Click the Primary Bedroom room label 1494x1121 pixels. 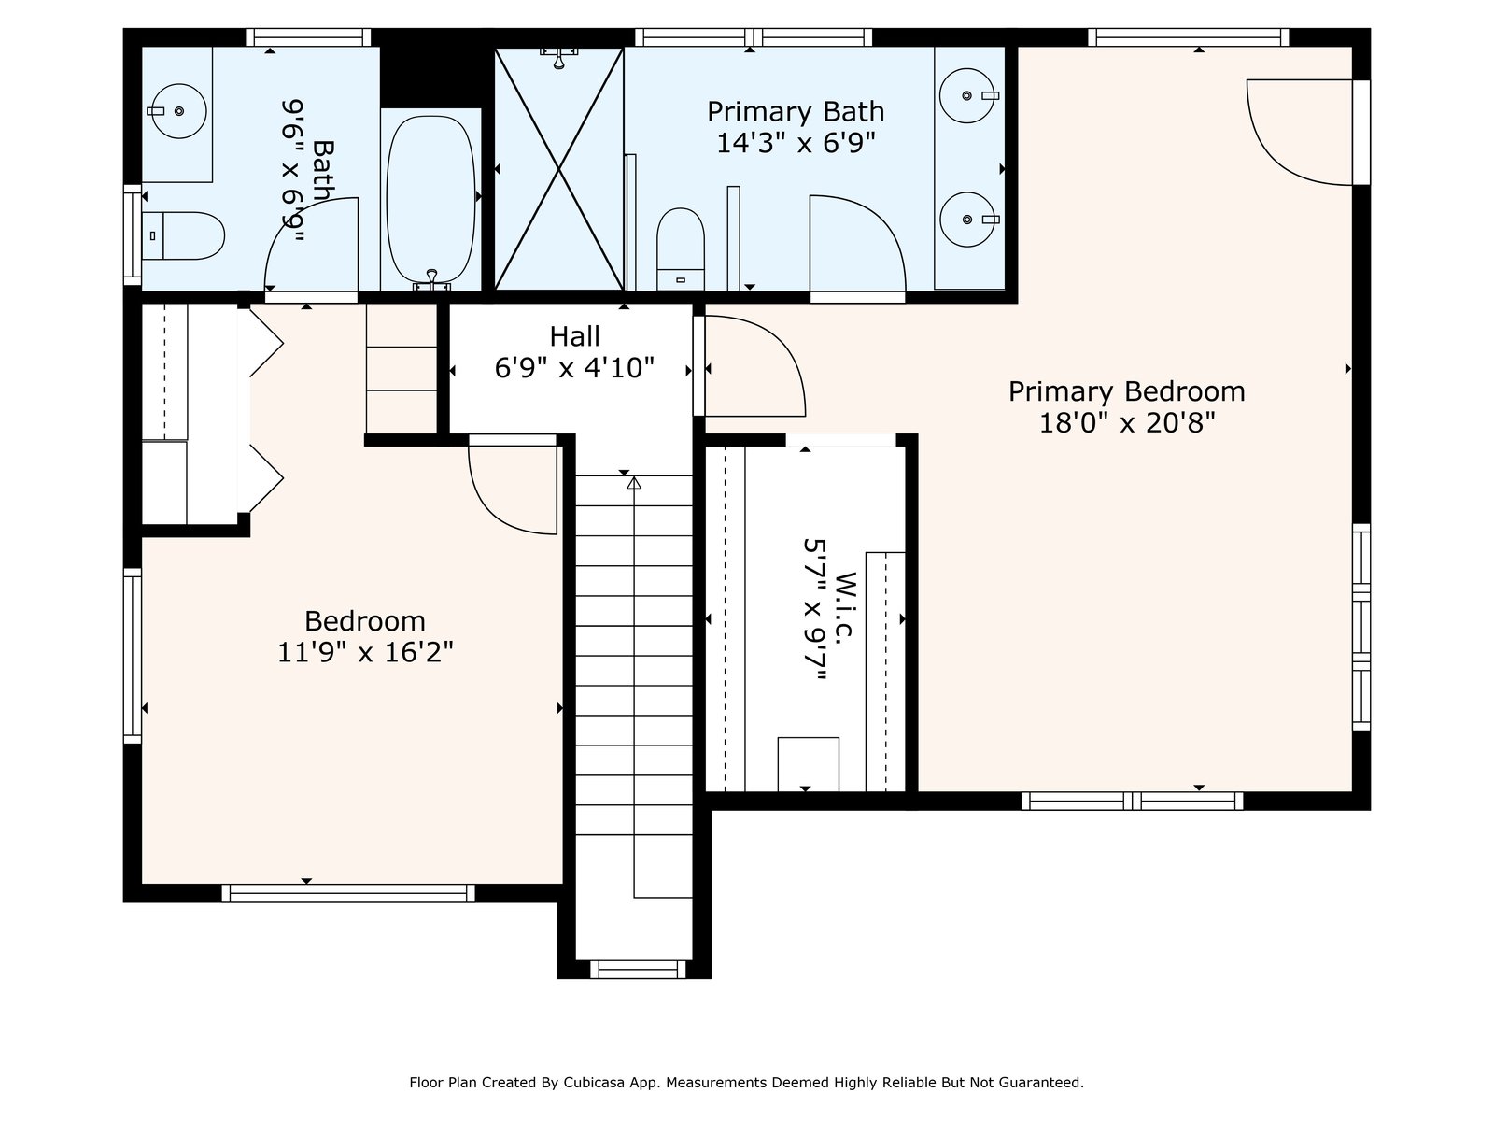point(1126,392)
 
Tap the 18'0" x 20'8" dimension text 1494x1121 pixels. point(1126,423)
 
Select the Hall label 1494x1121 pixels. point(574,336)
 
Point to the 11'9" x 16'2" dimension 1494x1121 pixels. point(365,653)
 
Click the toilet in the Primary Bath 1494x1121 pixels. point(681,249)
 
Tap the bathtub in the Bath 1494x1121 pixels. point(430,199)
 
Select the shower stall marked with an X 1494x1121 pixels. point(558,169)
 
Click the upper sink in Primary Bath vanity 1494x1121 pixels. point(967,95)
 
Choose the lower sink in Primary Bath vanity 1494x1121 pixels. point(967,220)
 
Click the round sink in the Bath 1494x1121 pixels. point(178,111)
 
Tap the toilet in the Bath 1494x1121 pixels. point(183,235)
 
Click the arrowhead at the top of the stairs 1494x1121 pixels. point(634,483)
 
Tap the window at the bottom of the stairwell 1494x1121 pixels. point(638,970)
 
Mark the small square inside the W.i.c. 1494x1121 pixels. point(808,763)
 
